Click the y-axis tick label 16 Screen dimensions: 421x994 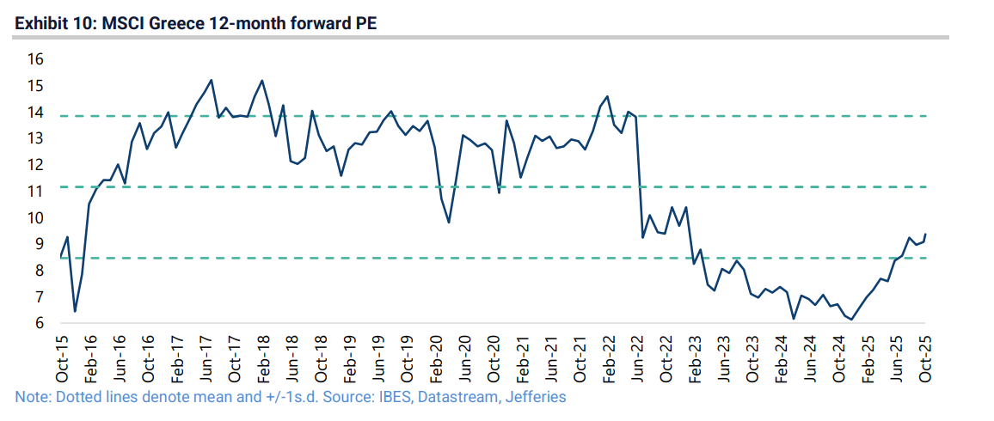[x=35, y=59]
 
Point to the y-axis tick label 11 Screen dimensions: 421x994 [x=35, y=192]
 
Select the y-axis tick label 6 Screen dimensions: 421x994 [x=39, y=323]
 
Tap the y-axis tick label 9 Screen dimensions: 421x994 [x=39, y=244]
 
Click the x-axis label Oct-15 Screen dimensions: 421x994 [x=62, y=359]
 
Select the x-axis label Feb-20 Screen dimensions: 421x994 [x=438, y=359]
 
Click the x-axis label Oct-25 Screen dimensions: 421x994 [x=926, y=359]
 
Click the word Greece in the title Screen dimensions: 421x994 [x=175, y=23]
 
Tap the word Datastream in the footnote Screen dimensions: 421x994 [x=459, y=398]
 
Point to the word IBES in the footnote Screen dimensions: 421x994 [x=395, y=398]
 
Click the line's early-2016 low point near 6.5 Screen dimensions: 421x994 [x=75, y=311]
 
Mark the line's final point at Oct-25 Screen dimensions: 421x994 [x=926, y=235]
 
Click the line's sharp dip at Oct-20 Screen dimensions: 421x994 [x=499, y=192]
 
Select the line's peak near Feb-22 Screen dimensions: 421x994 [x=607, y=96]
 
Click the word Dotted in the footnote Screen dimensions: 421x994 [x=73, y=398]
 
